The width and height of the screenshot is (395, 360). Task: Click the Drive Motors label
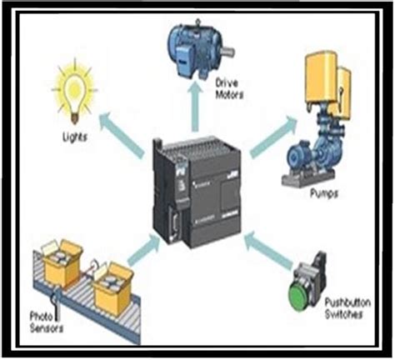click(x=231, y=89)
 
